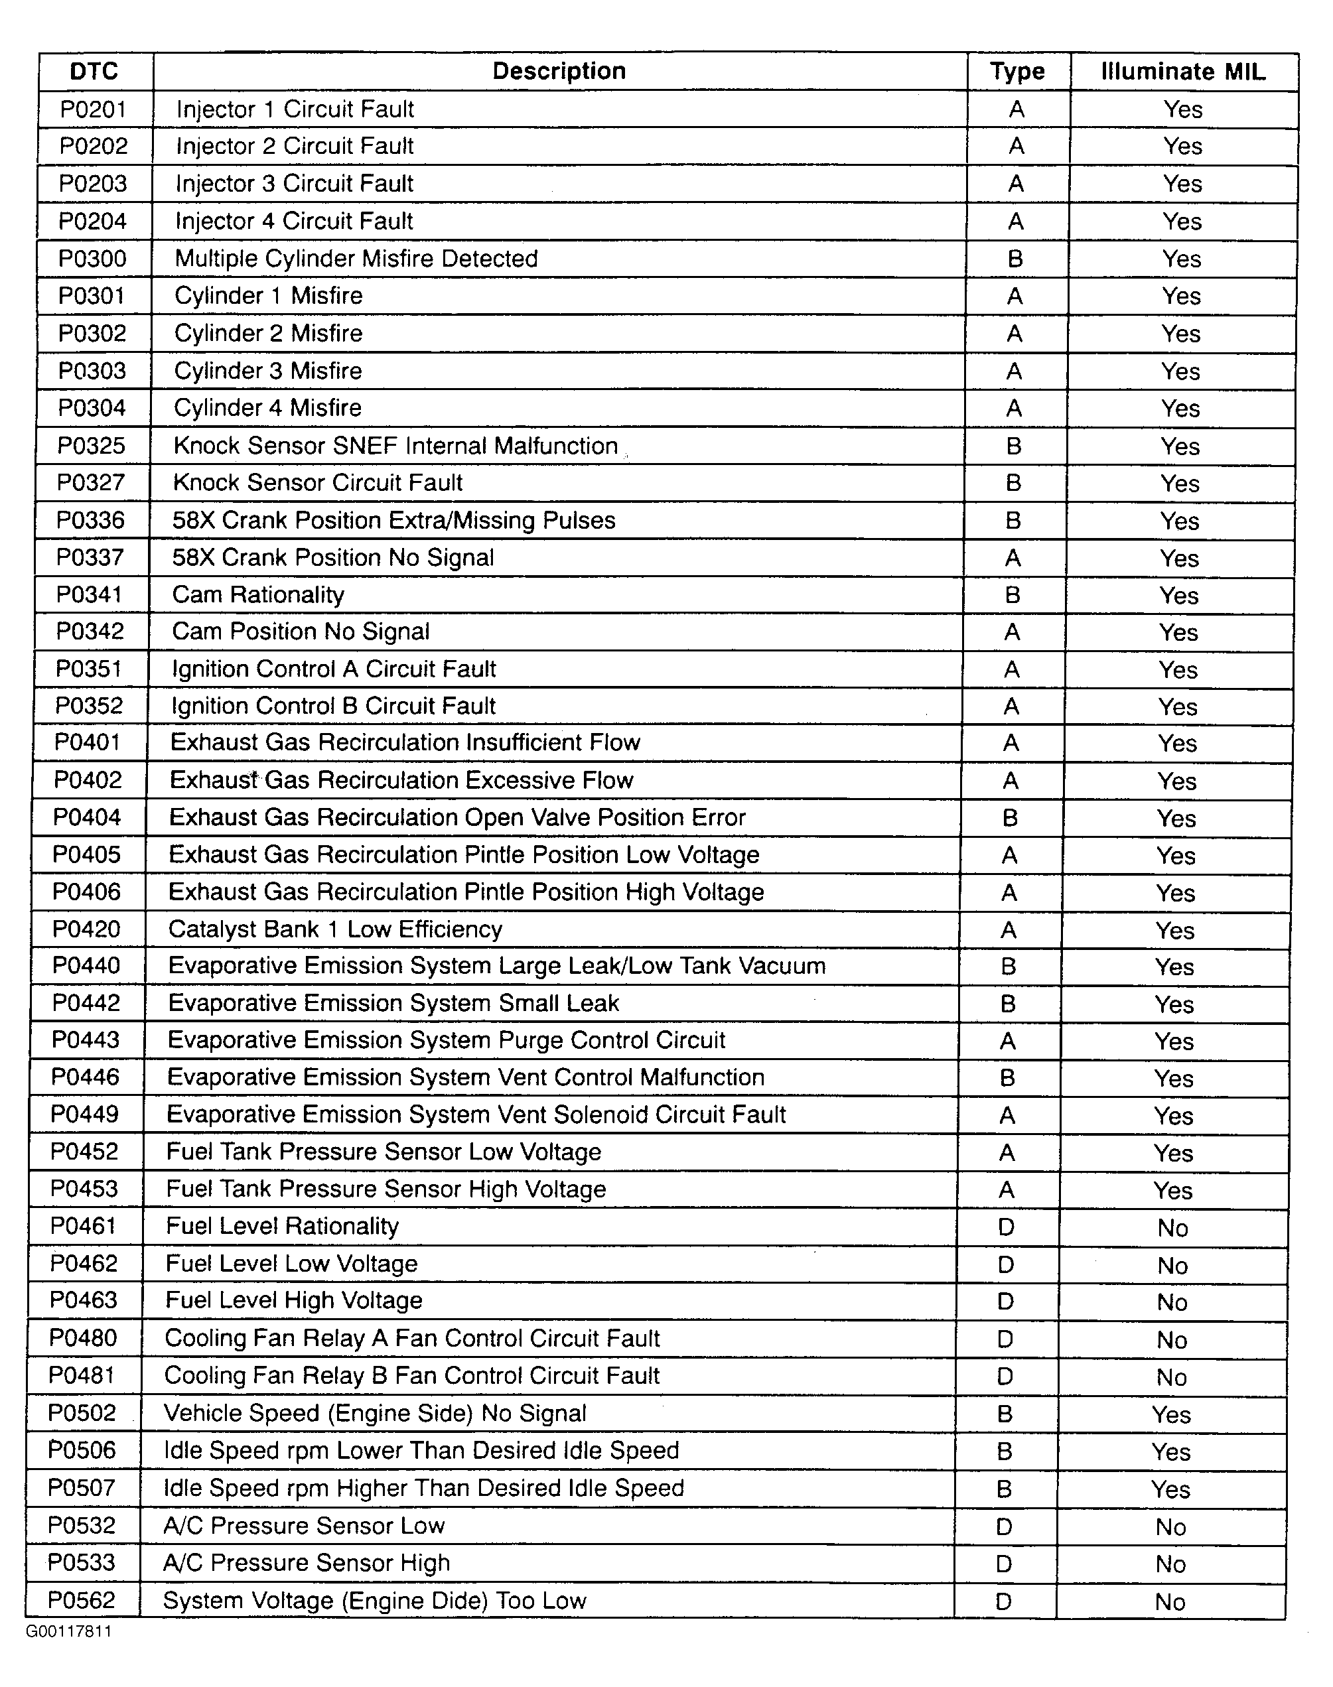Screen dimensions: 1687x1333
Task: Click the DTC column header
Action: pos(94,72)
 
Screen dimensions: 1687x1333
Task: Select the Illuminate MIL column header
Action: pos(1182,72)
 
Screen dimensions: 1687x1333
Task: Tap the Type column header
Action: pos(1017,72)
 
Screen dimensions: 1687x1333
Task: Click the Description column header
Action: pos(559,71)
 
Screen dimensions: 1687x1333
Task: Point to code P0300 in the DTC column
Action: pos(92,258)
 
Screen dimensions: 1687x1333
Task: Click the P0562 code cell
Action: pos(81,1600)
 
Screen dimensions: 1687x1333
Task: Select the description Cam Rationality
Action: pos(258,594)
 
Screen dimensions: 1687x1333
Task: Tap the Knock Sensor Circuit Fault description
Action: pos(318,483)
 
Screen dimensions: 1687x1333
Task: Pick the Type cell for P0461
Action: pos(1006,1227)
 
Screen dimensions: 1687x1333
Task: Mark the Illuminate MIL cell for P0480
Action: pos(1172,1340)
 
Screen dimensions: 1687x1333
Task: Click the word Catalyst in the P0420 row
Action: pos(204,929)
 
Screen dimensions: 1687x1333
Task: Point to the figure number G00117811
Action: pos(69,1631)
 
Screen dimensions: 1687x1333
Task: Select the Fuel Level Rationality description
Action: pos(282,1226)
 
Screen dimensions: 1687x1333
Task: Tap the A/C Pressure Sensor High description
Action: pos(307,1563)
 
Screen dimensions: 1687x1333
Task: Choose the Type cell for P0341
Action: pos(1013,595)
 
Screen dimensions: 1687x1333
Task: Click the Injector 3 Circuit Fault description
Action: pos(294,183)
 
